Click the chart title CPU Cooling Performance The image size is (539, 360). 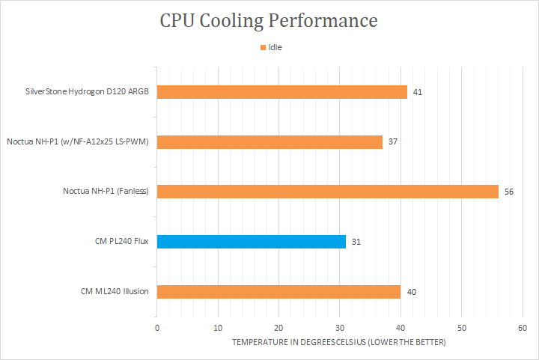click(x=269, y=20)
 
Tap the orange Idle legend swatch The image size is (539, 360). click(x=263, y=47)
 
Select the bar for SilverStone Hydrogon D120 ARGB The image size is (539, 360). click(x=282, y=92)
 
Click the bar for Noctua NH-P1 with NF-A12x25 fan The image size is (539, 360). click(x=269, y=141)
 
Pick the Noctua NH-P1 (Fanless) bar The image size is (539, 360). click(x=327, y=192)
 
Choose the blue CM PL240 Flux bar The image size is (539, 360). click(x=252, y=242)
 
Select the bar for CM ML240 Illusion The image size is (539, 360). click(x=278, y=291)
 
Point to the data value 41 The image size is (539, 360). click(x=418, y=92)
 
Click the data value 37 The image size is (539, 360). click(x=393, y=141)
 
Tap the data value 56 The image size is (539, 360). click(x=509, y=192)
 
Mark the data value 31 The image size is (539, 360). click(x=356, y=242)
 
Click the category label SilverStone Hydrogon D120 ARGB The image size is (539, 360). click(x=86, y=92)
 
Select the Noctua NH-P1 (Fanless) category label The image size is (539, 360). click(x=106, y=192)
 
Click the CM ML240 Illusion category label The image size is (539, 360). click(x=115, y=291)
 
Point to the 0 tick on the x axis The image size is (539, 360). click(x=157, y=328)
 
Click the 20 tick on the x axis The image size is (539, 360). click(x=279, y=328)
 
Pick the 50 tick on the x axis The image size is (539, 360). click(x=462, y=328)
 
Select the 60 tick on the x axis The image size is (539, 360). click(x=523, y=328)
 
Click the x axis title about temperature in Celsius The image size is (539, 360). click(x=338, y=343)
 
